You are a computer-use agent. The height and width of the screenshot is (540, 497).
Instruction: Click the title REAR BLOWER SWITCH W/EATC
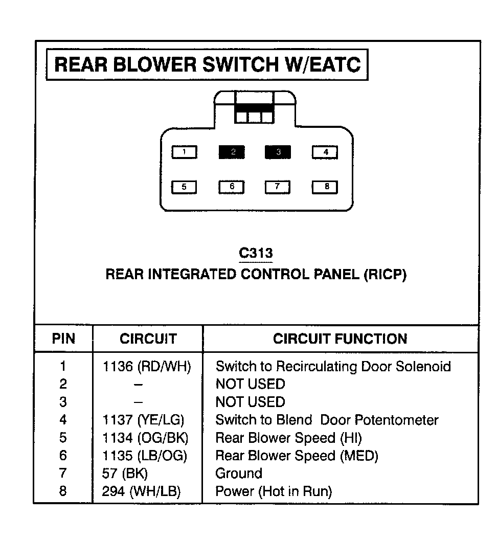[207, 65]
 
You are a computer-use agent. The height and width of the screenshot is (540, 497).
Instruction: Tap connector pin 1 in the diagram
[184, 152]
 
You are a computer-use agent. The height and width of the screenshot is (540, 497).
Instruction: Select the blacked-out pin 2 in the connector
[232, 152]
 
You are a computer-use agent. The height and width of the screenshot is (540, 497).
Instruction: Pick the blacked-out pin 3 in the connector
[278, 152]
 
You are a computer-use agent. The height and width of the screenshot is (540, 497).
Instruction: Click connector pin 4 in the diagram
[325, 152]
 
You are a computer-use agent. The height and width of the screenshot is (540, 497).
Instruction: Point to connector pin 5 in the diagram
[184, 187]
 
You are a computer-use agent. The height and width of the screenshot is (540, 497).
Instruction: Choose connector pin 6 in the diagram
[232, 187]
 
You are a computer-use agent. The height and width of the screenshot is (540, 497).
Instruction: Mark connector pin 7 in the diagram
[277, 187]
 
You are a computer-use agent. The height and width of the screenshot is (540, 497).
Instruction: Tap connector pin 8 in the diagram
[325, 187]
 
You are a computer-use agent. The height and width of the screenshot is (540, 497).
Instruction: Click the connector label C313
[256, 253]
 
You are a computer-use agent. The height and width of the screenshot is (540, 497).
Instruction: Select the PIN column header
[63, 339]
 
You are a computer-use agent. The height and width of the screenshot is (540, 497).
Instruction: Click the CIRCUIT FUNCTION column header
[340, 339]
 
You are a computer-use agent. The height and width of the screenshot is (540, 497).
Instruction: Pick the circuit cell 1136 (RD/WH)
[147, 366]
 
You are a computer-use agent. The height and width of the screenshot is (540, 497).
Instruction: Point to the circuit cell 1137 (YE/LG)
[143, 420]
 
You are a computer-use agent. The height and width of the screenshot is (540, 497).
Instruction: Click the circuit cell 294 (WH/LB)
[142, 491]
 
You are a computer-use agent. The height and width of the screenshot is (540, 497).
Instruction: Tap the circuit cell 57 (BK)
[125, 474]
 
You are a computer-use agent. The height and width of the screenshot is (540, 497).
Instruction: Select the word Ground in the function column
[239, 474]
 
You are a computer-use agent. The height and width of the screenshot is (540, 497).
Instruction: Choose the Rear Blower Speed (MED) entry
[297, 456]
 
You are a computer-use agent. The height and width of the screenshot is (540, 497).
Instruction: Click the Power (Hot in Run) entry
[274, 491]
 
